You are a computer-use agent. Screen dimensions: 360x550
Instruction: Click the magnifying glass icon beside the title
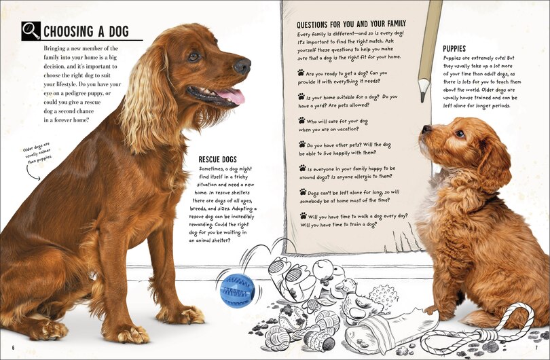[31, 31]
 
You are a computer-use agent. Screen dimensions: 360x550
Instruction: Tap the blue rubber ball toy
[237, 289]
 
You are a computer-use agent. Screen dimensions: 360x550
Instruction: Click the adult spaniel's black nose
[242, 66]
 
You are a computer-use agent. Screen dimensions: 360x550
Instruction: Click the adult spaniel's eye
[194, 56]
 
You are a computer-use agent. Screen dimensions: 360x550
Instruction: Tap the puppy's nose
[426, 128]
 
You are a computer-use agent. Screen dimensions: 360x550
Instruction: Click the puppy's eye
[460, 134]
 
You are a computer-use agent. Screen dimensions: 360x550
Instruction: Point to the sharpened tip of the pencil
[423, 98]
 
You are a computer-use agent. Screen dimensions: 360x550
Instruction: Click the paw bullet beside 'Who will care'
[301, 120]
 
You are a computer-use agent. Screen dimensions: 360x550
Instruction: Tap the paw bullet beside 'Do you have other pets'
[301, 145]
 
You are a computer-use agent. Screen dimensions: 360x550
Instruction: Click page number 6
[13, 349]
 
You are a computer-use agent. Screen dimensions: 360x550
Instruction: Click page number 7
[536, 349]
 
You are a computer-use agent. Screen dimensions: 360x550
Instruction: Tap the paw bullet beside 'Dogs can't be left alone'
[301, 193]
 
